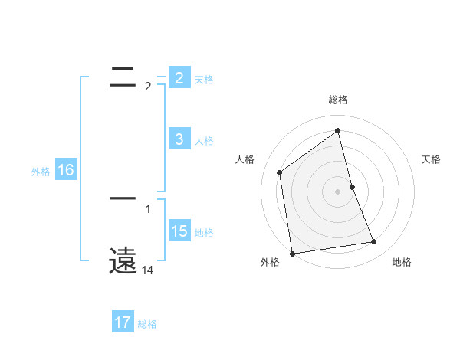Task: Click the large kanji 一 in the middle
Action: [x=123, y=198]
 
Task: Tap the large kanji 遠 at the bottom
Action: [x=123, y=261]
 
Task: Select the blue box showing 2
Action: [x=179, y=78]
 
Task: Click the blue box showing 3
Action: [x=179, y=139]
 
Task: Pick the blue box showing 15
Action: [x=179, y=231]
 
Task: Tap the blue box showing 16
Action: [x=65, y=170]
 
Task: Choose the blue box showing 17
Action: [x=123, y=323]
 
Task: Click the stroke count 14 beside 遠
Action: [x=148, y=270]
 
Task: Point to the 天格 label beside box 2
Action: [x=204, y=79]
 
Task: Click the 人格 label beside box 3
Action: [x=204, y=140]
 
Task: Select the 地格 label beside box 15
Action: [x=204, y=232]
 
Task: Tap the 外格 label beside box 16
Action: [x=41, y=172]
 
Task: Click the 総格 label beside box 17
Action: [x=147, y=324]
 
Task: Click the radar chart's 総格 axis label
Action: [x=337, y=100]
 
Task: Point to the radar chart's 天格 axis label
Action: [x=432, y=159]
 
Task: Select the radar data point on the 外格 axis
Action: [x=292, y=253]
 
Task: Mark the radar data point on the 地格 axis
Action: [x=374, y=242]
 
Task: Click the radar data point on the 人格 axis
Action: [x=280, y=172]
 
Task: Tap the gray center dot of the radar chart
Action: [x=337, y=191]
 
